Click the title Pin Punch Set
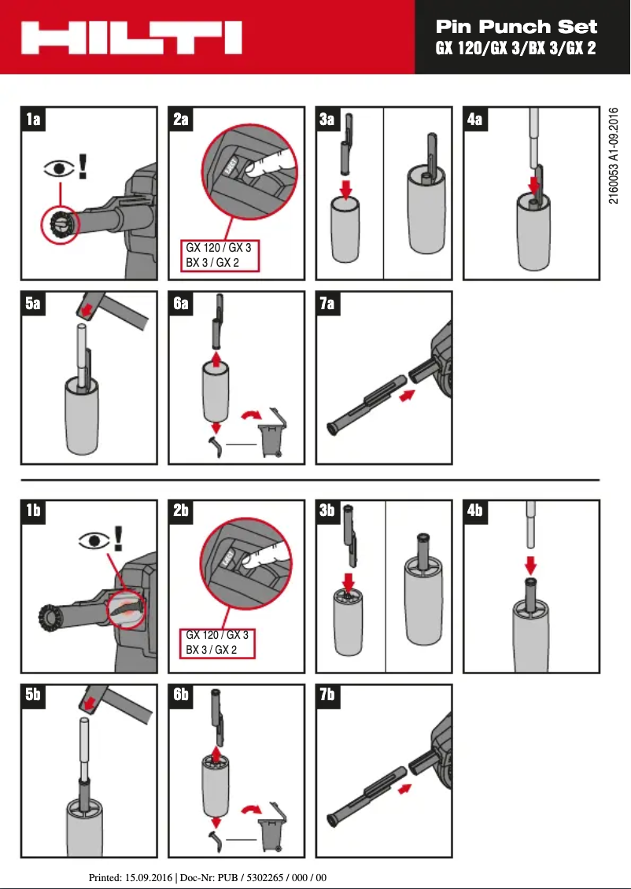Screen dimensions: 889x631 coord(516,27)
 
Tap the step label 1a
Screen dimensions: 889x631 coord(34,120)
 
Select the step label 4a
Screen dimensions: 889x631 coord(475,120)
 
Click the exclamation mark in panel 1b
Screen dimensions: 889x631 coord(119,537)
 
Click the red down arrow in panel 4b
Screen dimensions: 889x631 coord(531,566)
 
